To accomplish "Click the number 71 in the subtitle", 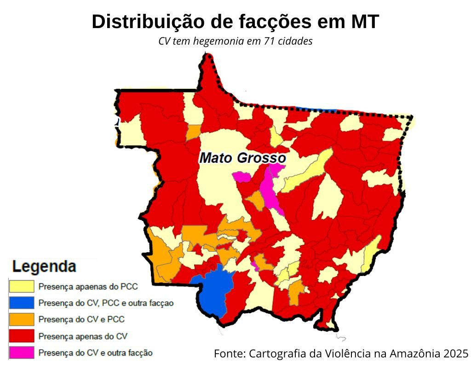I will pyautogui.click(x=270, y=41).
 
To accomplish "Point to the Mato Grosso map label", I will pyautogui.click(x=242, y=158).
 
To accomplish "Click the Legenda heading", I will pyautogui.click(x=44, y=266).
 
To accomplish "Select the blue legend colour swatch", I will pyautogui.click(x=22, y=303).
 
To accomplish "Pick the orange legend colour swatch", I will pyautogui.click(x=22, y=319).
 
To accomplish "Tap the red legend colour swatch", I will pyautogui.click(x=22, y=336).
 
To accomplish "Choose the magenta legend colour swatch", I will pyautogui.click(x=22, y=353).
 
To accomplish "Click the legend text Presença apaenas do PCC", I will pyautogui.click(x=88, y=287).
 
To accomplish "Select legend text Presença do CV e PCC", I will pyautogui.click(x=81, y=319).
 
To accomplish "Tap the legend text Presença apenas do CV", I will pyautogui.click(x=83, y=336).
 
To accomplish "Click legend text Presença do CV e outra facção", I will pyautogui.click(x=95, y=353).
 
